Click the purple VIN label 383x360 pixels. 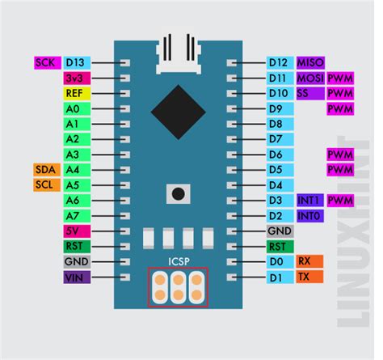75,277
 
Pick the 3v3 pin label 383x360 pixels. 75,78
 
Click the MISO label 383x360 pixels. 310,62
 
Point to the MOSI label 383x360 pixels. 310,78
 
